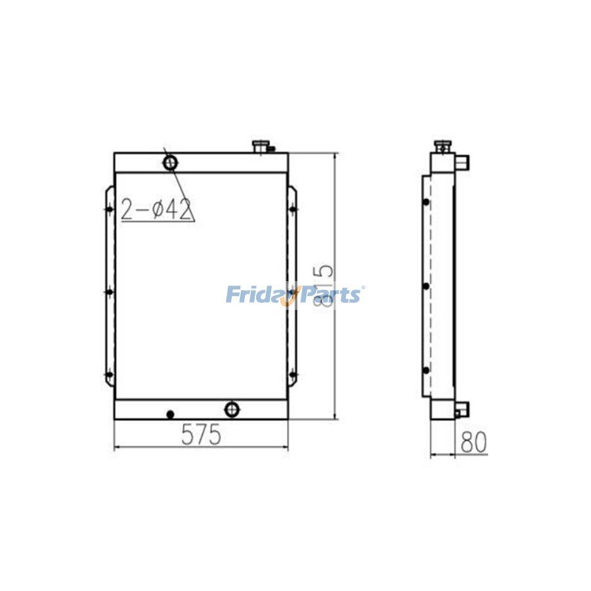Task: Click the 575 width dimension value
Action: tap(201, 435)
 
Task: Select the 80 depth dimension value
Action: tap(473, 443)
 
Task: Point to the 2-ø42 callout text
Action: tap(156, 209)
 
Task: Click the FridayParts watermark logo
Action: tap(295, 294)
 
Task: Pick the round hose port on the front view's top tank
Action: tap(170, 161)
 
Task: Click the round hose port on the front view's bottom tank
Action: tap(232, 410)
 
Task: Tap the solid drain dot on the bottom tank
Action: tap(170, 414)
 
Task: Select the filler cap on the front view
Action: tap(261, 145)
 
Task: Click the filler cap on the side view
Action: tap(442, 146)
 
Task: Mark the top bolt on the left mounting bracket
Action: tap(109, 209)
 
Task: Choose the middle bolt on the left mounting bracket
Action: tap(109, 292)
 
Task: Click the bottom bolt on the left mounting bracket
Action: tap(109, 376)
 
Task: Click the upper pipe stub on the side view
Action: tap(462, 161)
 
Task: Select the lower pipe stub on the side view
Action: tap(462, 410)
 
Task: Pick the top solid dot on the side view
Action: tap(426, 202)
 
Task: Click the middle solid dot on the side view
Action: tap(426, 286)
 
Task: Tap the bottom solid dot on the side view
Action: tap(426, 371)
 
